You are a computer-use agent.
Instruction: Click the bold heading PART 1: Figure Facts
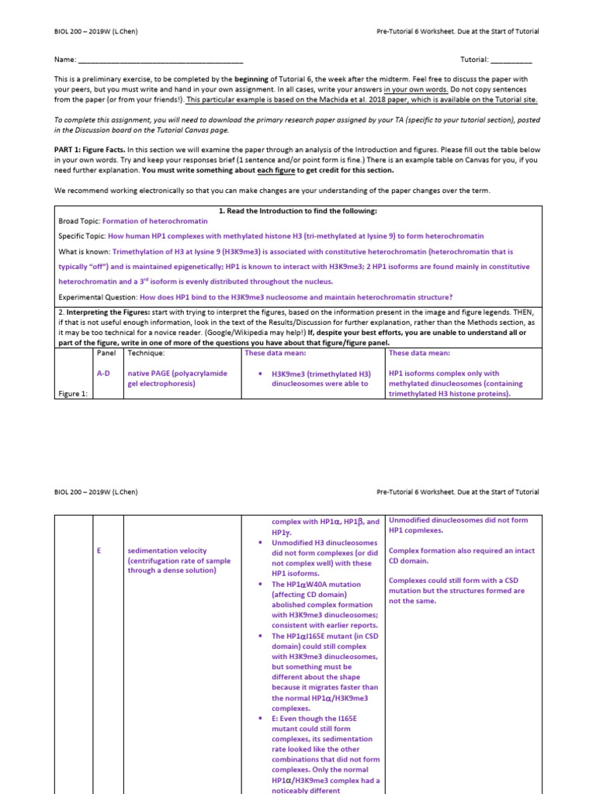(x=88, y=148)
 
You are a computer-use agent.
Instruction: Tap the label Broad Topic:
(x=79, y=221)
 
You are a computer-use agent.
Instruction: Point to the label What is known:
(x=84, y=251)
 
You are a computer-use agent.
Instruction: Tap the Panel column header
(x=106, y=353)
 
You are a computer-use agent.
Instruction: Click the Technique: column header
(x=146, y=353)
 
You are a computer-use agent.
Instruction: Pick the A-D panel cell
(x=104, y=373)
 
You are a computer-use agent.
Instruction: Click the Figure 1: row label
(x=73, y=393)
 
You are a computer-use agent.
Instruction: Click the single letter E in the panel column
(x=99, y=551)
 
